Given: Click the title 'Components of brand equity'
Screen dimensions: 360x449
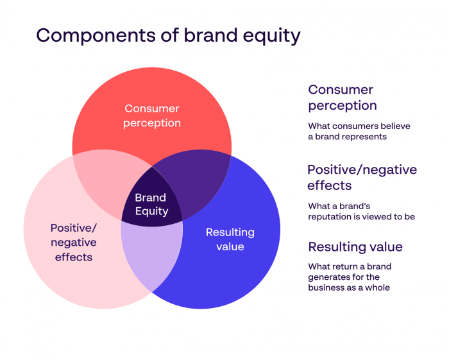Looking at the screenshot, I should coord(168,35).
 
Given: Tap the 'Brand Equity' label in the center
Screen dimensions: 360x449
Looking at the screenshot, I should coord(151,204).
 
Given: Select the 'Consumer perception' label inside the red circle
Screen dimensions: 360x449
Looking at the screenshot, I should coord(152,116).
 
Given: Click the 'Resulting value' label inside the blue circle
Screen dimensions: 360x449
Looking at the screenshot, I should coord(230,239).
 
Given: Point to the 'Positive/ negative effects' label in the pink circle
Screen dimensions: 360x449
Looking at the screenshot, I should coord(73,242).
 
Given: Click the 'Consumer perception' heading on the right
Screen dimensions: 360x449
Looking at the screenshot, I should coord(342,97).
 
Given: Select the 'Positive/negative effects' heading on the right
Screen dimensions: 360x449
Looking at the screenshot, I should coord(362,177).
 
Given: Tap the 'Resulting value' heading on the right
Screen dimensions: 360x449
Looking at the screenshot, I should coord(355,247).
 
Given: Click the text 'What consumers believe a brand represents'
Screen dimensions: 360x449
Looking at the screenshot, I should coord(359,132).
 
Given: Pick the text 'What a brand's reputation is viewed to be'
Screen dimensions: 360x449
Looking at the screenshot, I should coord(361,211).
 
